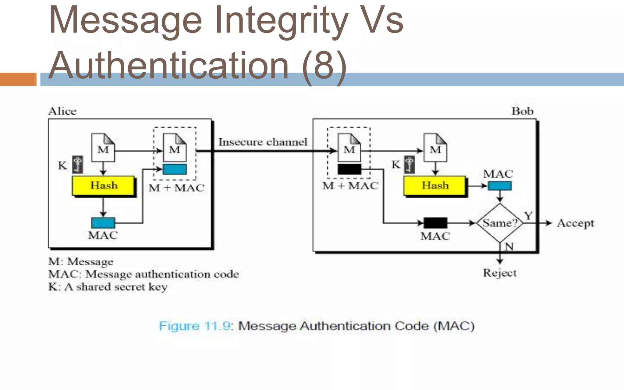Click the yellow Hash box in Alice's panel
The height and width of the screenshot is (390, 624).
click(x=103, y=186)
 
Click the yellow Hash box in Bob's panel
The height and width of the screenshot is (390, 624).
click(x=434, y=186)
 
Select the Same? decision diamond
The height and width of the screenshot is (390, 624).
click(x=500, y=223)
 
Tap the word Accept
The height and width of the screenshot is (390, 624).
click(x=575, y=223)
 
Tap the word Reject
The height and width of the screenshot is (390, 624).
click(x=500, y=273)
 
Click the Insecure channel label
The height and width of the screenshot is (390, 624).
click(x=263, y=142)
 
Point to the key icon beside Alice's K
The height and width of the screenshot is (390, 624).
click(x=78, y=165)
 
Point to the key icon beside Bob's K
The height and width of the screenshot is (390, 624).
click(x=409, y=165)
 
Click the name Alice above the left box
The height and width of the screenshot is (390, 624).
click(x=62, y=111)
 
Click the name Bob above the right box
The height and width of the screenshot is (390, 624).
click(x=522, y=111)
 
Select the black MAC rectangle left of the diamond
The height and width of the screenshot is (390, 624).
click(x=435, y=223)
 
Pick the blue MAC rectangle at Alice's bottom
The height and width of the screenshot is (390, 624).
click(x=103, y=223)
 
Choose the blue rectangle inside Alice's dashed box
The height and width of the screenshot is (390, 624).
click(x=175, y=169)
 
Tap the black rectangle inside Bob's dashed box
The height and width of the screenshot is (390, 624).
click(x=349, y=169)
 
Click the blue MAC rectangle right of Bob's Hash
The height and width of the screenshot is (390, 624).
click(x=500, y=186)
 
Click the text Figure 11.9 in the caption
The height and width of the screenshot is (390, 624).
click(x=195, y=326)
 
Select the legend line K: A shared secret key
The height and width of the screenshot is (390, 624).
click(x=108, y=287)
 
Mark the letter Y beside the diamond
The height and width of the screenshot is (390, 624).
click(x=528, y=216)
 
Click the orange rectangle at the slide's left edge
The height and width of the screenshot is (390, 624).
click(x=18, y=79)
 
